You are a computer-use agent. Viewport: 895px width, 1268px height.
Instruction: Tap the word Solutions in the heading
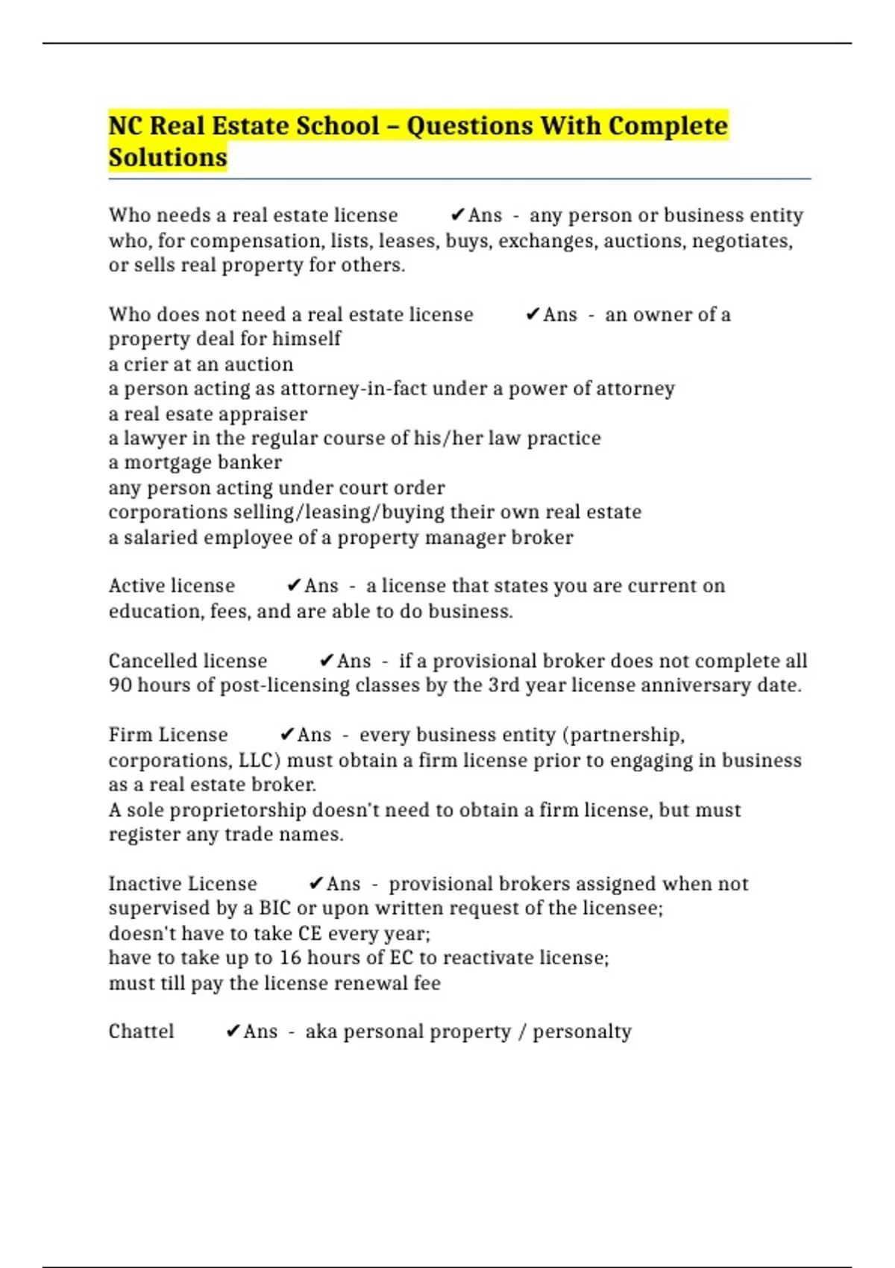point(168,157)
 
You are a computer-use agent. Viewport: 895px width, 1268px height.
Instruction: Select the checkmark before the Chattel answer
point(233,1031)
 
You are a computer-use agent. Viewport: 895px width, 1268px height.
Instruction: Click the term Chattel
point(141,1031)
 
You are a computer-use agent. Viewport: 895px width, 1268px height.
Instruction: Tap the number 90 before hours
point(119,685)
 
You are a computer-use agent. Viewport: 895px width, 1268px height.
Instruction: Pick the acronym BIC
point(274,908)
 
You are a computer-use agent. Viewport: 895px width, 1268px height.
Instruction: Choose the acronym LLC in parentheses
point(256,760)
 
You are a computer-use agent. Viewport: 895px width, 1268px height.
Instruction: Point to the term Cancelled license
point(187,661)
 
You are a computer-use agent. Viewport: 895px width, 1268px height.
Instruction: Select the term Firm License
point(168,735)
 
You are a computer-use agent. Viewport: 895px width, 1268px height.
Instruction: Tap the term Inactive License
point(183,884)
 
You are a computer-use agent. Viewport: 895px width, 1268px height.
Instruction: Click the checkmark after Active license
point(294,586)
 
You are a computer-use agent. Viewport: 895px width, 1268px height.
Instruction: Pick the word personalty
point(582,1031)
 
